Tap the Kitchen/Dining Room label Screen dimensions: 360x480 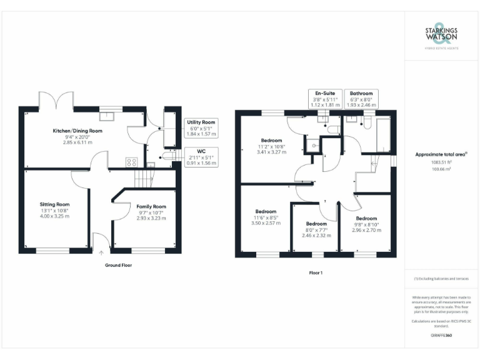77,131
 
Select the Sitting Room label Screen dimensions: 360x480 55,204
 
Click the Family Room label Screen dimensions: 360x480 151,206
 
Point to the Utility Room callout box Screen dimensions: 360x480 201,128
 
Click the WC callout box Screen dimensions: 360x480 201,157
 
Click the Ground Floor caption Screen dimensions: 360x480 118,265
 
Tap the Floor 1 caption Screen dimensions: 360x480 316,272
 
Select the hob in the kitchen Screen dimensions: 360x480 132,161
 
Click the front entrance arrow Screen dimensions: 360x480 101,252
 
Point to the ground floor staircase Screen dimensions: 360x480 144,180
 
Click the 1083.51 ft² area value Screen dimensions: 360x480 442,162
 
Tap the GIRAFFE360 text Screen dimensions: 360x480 441,336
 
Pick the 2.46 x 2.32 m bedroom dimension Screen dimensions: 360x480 316,235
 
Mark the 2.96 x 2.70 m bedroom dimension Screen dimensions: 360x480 367,230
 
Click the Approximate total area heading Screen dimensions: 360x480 441,154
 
